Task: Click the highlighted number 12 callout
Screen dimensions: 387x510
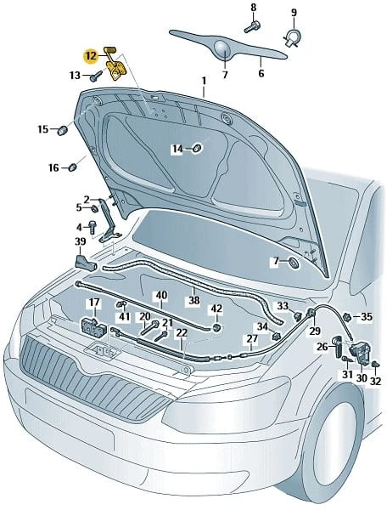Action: pos(91,56)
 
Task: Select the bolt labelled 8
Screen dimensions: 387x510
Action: pos(252,26)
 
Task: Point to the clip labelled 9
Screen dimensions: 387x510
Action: pos(293,37)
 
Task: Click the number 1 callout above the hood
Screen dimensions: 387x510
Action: pos(204,81)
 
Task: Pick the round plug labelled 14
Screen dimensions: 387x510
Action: pos(197,148)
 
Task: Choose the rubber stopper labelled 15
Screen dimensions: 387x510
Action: pos(62,130)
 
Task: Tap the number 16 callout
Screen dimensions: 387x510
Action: pos(54,167)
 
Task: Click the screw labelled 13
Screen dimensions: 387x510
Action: pos(96,76)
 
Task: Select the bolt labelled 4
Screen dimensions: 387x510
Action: pos(92,227)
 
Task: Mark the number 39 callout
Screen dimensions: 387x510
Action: pos(80,242)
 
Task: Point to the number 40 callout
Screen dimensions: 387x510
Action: pos(161,296)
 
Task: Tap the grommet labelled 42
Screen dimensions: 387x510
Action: pos(216,327)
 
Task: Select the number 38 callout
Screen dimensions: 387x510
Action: pos(193,300)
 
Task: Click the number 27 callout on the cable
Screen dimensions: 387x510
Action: pos(252,339)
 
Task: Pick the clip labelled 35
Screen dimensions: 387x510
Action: pos(347,316)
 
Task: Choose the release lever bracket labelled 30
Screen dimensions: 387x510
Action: pos(359,352)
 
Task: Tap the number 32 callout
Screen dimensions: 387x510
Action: pos(375,381)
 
